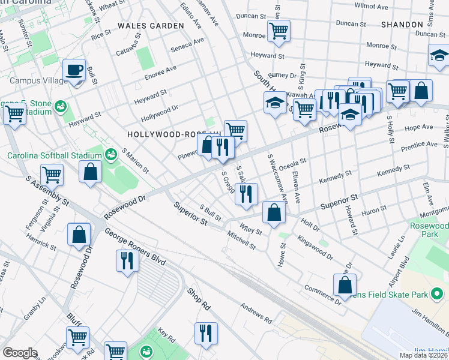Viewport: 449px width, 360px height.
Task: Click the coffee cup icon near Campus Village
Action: [x=74, y=70]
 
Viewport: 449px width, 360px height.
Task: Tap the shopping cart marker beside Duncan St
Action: [x=279, y=29]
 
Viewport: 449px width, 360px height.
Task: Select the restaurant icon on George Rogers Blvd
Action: [x=127, y=260]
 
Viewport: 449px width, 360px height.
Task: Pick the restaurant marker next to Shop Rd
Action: [x=206, y=333]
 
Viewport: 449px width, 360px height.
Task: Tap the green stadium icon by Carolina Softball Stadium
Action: [x=110, y=155]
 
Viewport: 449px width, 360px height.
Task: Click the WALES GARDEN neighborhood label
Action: [x=151, y=26]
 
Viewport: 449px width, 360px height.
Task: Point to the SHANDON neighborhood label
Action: [x=402, y=25]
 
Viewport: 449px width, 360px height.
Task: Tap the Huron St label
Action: [x=375, y=211]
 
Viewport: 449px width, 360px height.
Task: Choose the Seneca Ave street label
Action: [x=187, y=45]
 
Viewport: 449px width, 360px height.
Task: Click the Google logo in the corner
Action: [x=20, y=353]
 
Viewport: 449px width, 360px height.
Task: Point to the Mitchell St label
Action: [x=241, y=242]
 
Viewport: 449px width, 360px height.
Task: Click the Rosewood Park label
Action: [x=430, y=230]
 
